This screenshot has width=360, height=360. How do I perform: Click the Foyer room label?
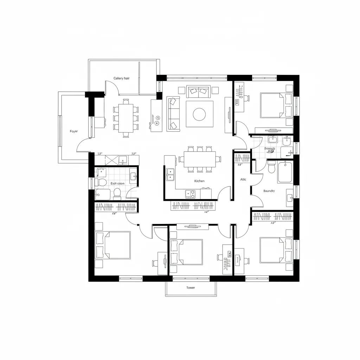point(74,131)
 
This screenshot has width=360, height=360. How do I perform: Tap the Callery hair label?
point(121,78)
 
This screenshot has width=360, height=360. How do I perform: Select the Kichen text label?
point(199,181)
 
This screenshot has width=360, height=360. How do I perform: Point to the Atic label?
point(243,180)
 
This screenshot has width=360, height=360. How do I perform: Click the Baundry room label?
point(269,191)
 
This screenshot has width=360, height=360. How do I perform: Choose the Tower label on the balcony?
point(191,288)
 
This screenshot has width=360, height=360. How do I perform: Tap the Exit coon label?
point(117,184)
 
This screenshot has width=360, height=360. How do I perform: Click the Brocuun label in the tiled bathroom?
point(270,149)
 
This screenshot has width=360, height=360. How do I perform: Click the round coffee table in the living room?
point(199,114)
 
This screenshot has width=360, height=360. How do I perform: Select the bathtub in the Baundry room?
point(285,172)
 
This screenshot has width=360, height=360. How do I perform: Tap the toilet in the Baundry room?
point(271,168)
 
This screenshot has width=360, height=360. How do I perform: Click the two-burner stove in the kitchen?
point(190,194)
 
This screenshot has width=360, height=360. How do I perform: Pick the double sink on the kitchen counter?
point(170,174)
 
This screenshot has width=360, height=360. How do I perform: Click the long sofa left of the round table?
point(173,114)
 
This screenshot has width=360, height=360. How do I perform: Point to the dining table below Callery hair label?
point(126,118)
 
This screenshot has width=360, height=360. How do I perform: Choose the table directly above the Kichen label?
point(199,159)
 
